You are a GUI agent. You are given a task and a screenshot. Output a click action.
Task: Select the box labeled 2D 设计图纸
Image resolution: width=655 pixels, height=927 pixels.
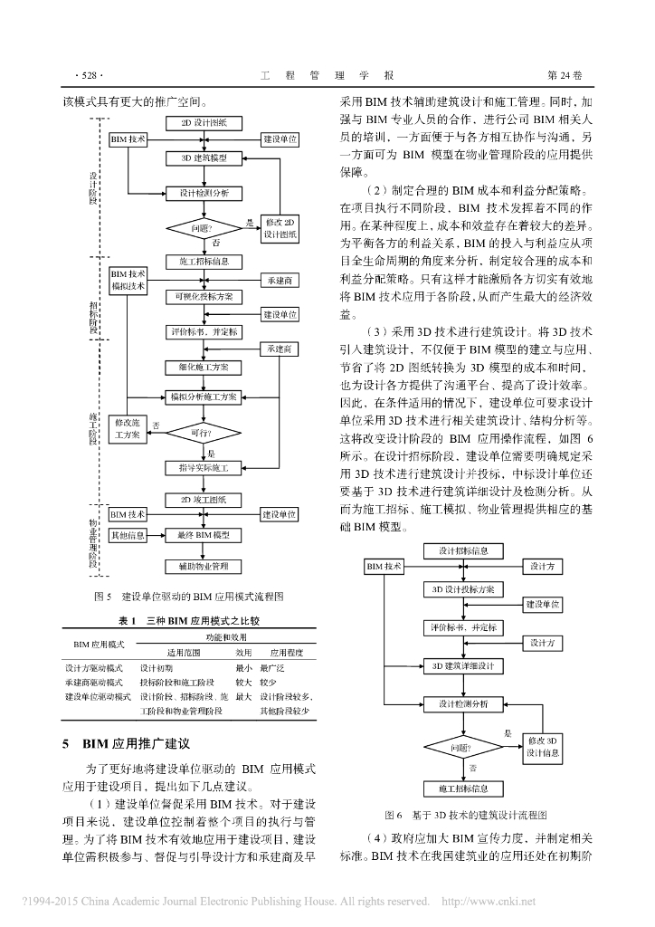[x=204, y=122]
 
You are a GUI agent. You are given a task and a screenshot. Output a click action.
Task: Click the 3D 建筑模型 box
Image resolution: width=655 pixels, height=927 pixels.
[x=204, y=158]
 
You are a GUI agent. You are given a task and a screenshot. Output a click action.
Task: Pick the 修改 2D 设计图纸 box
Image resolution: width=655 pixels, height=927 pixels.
[x=280, y=227]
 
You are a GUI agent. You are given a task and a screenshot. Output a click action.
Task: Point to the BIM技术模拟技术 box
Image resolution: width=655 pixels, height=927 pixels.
[x=128, y=280]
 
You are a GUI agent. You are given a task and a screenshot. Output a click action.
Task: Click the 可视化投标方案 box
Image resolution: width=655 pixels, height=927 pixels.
[x=204, y=296]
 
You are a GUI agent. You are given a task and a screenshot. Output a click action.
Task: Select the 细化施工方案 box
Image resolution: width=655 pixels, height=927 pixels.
[x=204, y=367]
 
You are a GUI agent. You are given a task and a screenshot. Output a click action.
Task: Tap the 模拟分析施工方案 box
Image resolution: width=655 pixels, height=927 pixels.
[x=204, y=397]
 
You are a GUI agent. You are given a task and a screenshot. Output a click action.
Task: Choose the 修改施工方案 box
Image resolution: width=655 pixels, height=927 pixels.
[x=128, y=428]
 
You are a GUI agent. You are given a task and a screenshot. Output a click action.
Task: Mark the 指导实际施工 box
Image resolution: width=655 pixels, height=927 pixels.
[x=204, y=468]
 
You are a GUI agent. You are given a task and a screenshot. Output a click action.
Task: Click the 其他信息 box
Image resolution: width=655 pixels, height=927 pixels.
[x=128, y=535]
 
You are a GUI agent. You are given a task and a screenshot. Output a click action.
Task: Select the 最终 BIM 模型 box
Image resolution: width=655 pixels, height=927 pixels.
[x=204, y=535]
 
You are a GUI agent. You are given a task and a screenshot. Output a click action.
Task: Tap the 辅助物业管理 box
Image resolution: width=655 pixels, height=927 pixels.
[x=204, y=567]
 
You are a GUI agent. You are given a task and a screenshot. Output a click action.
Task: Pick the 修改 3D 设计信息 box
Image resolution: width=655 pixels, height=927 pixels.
[x=544, y=747]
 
